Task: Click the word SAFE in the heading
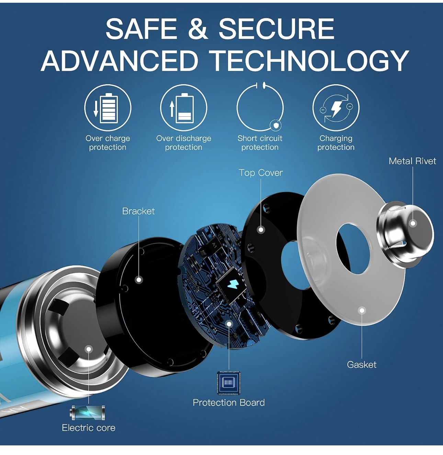141,29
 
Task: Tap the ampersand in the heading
198,29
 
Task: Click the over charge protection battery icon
107,108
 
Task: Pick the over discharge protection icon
184,108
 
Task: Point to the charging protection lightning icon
336,108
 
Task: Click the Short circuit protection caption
260,143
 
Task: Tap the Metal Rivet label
412,161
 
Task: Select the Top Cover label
261,173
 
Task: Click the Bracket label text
138,211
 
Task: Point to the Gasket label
362,364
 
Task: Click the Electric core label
89,428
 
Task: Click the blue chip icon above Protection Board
229,383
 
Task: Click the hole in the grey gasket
353,248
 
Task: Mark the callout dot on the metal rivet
413,223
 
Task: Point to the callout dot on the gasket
362,311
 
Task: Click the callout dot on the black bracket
139,280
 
